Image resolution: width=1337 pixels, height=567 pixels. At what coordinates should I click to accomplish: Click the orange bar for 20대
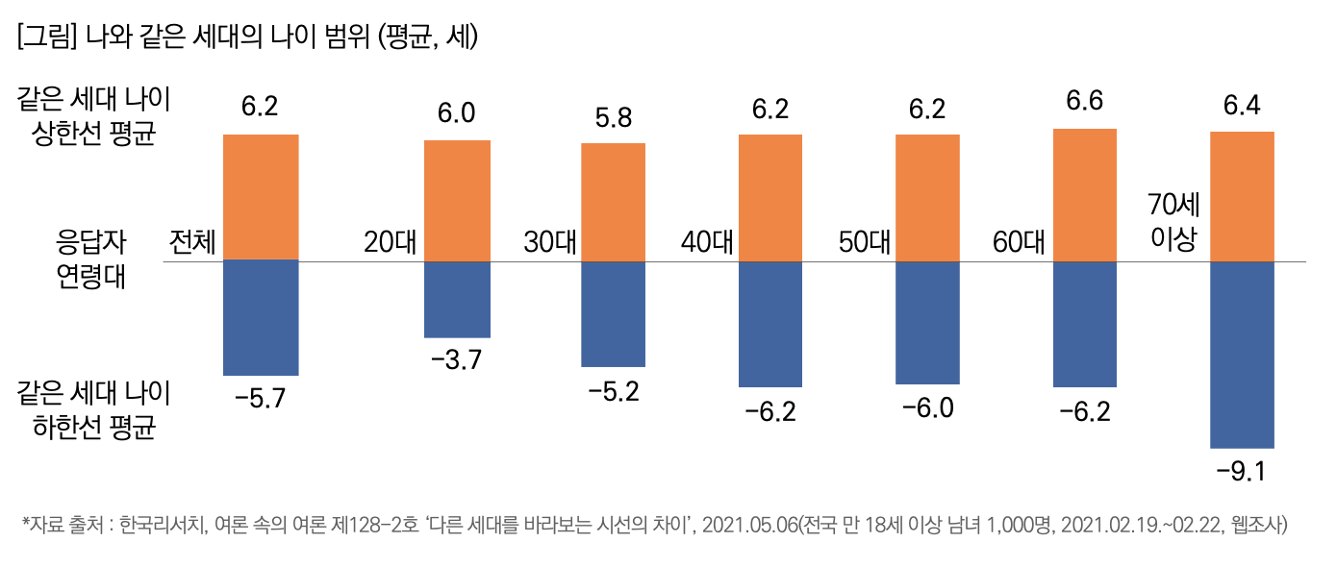pos(458,200)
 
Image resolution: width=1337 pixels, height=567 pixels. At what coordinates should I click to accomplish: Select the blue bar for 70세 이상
pos(1242,354)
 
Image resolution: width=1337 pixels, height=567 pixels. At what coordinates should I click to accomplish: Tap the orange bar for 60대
pos(1085,194)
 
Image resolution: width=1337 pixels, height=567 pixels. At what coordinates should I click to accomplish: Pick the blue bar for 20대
pos(458,299)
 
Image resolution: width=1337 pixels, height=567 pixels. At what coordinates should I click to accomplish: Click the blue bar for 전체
pos(261,317)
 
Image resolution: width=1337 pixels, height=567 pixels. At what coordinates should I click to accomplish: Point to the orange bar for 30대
pos(613,202)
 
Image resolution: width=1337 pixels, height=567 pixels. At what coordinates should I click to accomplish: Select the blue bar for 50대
pos(927,322)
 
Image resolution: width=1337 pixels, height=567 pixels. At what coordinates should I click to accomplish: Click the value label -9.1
pos(1241,472)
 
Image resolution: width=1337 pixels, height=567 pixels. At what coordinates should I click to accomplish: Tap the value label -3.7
pos(457,361)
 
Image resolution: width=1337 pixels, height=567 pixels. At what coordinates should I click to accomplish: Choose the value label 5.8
pos(614,120)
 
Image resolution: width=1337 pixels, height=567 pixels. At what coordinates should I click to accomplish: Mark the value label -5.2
pos(613,391)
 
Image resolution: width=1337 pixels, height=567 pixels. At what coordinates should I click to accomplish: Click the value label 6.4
pos(1242,107)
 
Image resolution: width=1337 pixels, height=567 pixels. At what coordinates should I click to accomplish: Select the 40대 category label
pos(707,241)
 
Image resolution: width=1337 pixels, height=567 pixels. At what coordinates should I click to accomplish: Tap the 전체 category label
pos(192,241)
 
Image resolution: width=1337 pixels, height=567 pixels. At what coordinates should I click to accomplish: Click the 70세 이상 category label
pos(1173,221)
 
